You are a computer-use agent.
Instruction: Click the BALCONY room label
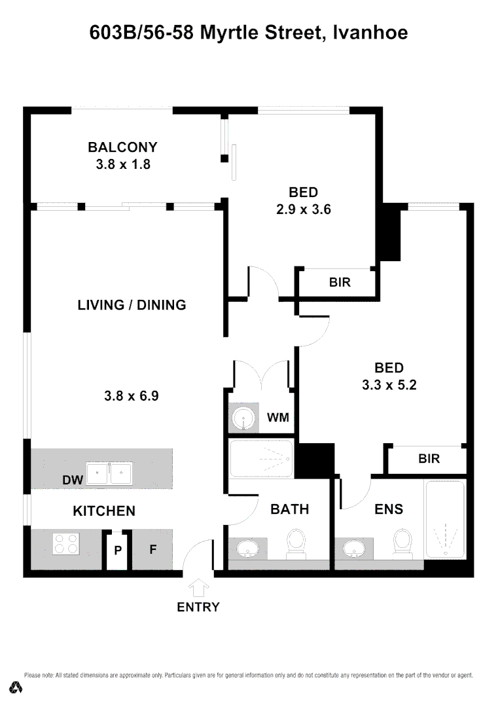coord(123,147)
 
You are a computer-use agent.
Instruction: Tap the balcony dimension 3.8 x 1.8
coord(123,164)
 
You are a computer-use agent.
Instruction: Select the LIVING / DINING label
coord(132,305)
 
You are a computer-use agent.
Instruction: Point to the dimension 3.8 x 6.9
coord(132,395)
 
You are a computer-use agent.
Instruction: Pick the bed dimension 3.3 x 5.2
coord(389,385)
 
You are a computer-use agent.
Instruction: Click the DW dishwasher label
coord(72,480)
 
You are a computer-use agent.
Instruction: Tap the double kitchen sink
coord(110,473)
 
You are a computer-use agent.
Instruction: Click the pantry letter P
coord(118,551)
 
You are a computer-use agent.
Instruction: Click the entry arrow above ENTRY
coord(198,587)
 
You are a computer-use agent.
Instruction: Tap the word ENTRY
coord(198,607)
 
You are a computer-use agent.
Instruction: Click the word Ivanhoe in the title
coord(370,31)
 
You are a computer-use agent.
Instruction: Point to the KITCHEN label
coord(104,511)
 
